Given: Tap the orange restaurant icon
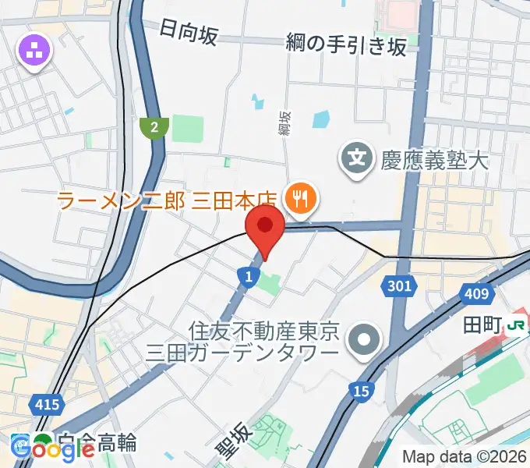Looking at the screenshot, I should [300, 200].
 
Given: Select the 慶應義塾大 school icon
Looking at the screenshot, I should [357, 161].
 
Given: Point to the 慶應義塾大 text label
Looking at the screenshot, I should [434, 161].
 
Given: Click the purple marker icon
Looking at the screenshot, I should [35, 51].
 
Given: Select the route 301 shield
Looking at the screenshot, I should [398, 286].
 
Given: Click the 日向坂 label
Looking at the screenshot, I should [188, 33].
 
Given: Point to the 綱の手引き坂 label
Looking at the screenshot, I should [346, 45].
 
